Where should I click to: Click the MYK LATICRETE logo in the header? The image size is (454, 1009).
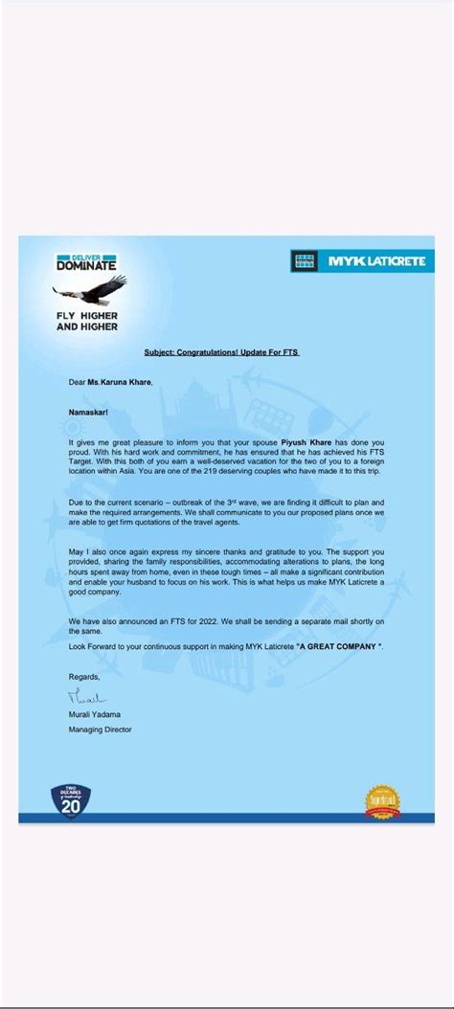pos(361,260)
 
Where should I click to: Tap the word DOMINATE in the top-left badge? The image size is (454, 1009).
pos(86,265)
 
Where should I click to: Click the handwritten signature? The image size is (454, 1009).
pos(88,698)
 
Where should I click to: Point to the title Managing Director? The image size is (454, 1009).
pos(100,729)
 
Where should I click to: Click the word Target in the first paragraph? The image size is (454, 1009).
pos(85,462)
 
